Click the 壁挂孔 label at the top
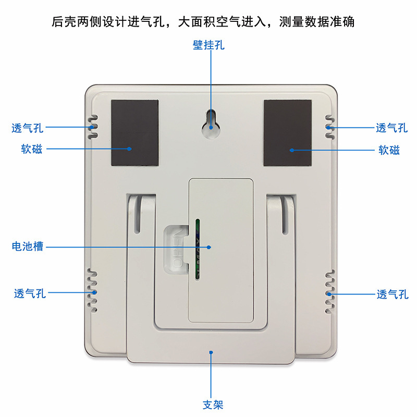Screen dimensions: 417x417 coord(208,45)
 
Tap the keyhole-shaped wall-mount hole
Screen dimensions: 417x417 coord(211,122)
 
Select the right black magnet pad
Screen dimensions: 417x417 coord(287,132)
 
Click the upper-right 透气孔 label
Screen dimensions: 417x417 coord(391,128)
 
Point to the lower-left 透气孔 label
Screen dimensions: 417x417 coord(30,293)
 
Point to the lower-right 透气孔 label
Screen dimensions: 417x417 coord(393,295)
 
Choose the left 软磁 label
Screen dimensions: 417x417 coord(29,150)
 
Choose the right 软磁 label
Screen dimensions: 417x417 coord(389,150)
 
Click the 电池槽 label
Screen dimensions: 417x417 coord(28,246)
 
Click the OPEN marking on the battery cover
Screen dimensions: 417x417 coord(178,247)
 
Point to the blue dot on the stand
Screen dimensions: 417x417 coord(211,352)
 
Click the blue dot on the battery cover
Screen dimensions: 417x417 coord(209,247)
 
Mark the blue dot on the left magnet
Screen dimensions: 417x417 coord(129,149)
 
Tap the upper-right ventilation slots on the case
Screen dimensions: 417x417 coord(328,127)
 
